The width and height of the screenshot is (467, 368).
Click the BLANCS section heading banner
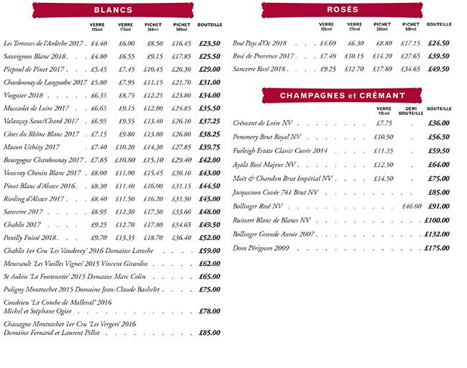(x=114, y=10)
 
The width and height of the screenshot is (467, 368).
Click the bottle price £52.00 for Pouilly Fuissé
(x=210, y=238)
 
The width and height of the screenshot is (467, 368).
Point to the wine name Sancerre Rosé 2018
(x=260, y=70)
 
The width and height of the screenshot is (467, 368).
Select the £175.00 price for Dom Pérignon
(x=437, y=248)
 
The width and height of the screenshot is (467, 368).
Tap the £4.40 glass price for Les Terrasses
(x=98, y=44)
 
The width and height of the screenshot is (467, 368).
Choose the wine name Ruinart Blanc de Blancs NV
(x=272, y=221)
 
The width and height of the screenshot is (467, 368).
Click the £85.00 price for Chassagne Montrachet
(x=209, y=333)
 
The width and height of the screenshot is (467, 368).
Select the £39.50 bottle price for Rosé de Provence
(x=438, y=57)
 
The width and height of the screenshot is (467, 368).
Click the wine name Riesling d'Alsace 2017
(x=34, y=199)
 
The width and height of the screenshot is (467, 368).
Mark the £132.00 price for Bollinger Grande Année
(x=437, y=234)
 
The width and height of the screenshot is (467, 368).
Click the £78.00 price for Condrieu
(x=209, y=311)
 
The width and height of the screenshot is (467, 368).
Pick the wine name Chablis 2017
(x=23, y=225)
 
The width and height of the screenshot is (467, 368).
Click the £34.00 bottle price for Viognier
(x=210, y=96)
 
